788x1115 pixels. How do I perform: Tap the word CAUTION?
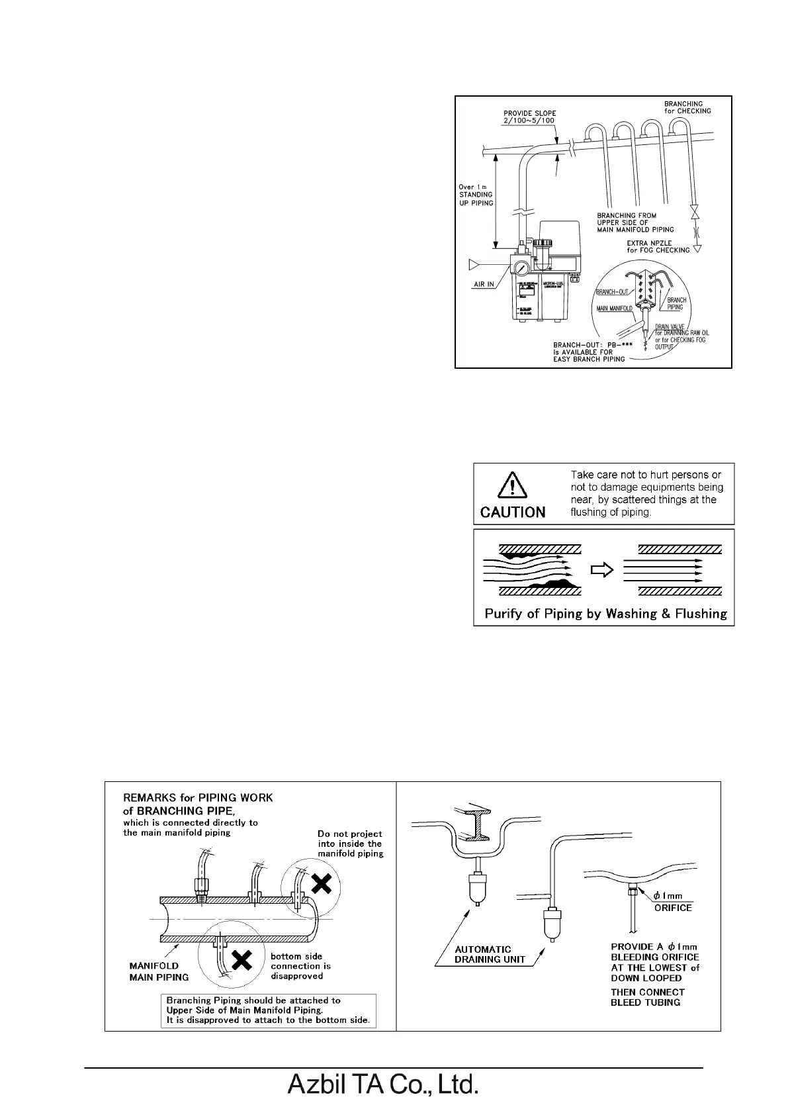click(x=513, y=512)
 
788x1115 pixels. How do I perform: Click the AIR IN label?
click(x=484, y=284)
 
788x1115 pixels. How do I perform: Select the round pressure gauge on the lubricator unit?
click(x=520, y=269)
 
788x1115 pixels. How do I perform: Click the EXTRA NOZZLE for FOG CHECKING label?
click(x=658, y=246)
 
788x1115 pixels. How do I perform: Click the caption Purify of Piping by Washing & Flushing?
click(x=605, y=614)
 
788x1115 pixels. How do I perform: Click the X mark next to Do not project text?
click(x=321, y=883)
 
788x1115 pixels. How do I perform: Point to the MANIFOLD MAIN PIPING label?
click(x=159, y=971)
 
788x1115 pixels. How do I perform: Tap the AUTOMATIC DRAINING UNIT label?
click(x=487, y=954)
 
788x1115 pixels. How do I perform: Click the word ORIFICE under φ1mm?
click(x=673, y=908)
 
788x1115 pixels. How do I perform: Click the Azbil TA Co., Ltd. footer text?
click(x=382, y=1085)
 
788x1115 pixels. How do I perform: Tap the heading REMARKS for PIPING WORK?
click(x=198, y=798)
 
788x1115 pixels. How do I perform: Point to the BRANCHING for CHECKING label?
click(x=687, y=107)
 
